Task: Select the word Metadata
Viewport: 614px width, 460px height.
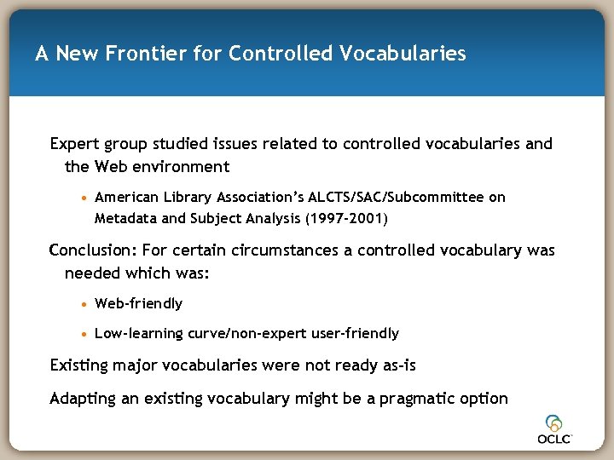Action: (x=126, y=218)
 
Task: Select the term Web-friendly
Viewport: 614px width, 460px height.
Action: (x=138, y=303)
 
